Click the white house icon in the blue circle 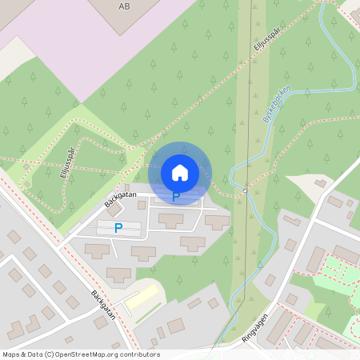(180, 172)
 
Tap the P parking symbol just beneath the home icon (176, 195)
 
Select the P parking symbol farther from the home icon (118, 228)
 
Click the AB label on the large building (123, 6)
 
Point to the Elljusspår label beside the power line (269, 37)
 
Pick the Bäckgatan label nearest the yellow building (103, 305)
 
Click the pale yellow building (142, 298)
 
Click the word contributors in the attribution (140, 354)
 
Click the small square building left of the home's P (142, 206)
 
